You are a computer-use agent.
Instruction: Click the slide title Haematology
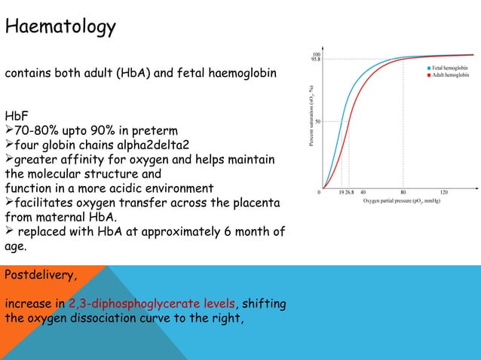(x=61, y=28)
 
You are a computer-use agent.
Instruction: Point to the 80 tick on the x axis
(x=403, y=192)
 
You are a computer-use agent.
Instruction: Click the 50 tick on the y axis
(x=318, y=121)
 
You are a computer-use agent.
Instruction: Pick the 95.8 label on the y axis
(x=317, y=59)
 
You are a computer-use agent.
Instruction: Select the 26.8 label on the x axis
(x=349, y=192)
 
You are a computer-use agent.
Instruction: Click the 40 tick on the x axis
(x=363, y=192)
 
